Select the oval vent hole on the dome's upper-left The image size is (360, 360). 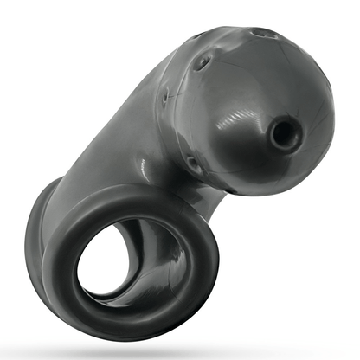(x=202, y=61)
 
